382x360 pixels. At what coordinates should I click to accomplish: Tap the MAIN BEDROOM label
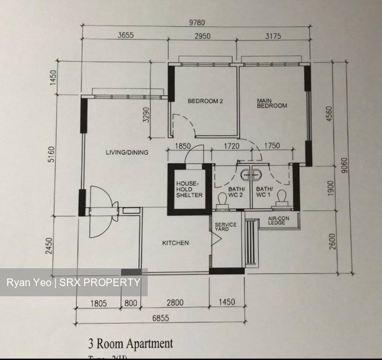click(x=271, y=103)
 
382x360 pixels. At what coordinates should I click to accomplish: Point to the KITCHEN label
click(x=175, y=243)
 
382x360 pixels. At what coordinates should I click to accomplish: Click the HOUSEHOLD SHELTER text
click(x=189, y=189)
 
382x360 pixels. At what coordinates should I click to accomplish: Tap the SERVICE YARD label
click(x=225, y=228)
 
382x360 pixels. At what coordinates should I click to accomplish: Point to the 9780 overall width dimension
click(x=197, y=24)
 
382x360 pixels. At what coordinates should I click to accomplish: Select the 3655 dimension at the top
click(x=125, y=36)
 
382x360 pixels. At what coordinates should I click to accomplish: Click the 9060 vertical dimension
click(x=344, y=165)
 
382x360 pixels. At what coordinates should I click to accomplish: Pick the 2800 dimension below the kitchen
click(x=175, y=302)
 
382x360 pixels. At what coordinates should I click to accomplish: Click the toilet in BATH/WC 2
click(x=222, y=201)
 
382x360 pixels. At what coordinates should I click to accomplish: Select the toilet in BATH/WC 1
click(x=284, y=200)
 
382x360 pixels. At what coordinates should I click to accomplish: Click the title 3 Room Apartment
click(x=132, y=343)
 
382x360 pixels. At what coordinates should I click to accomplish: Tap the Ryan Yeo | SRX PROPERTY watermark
click(x=73, y=282)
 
